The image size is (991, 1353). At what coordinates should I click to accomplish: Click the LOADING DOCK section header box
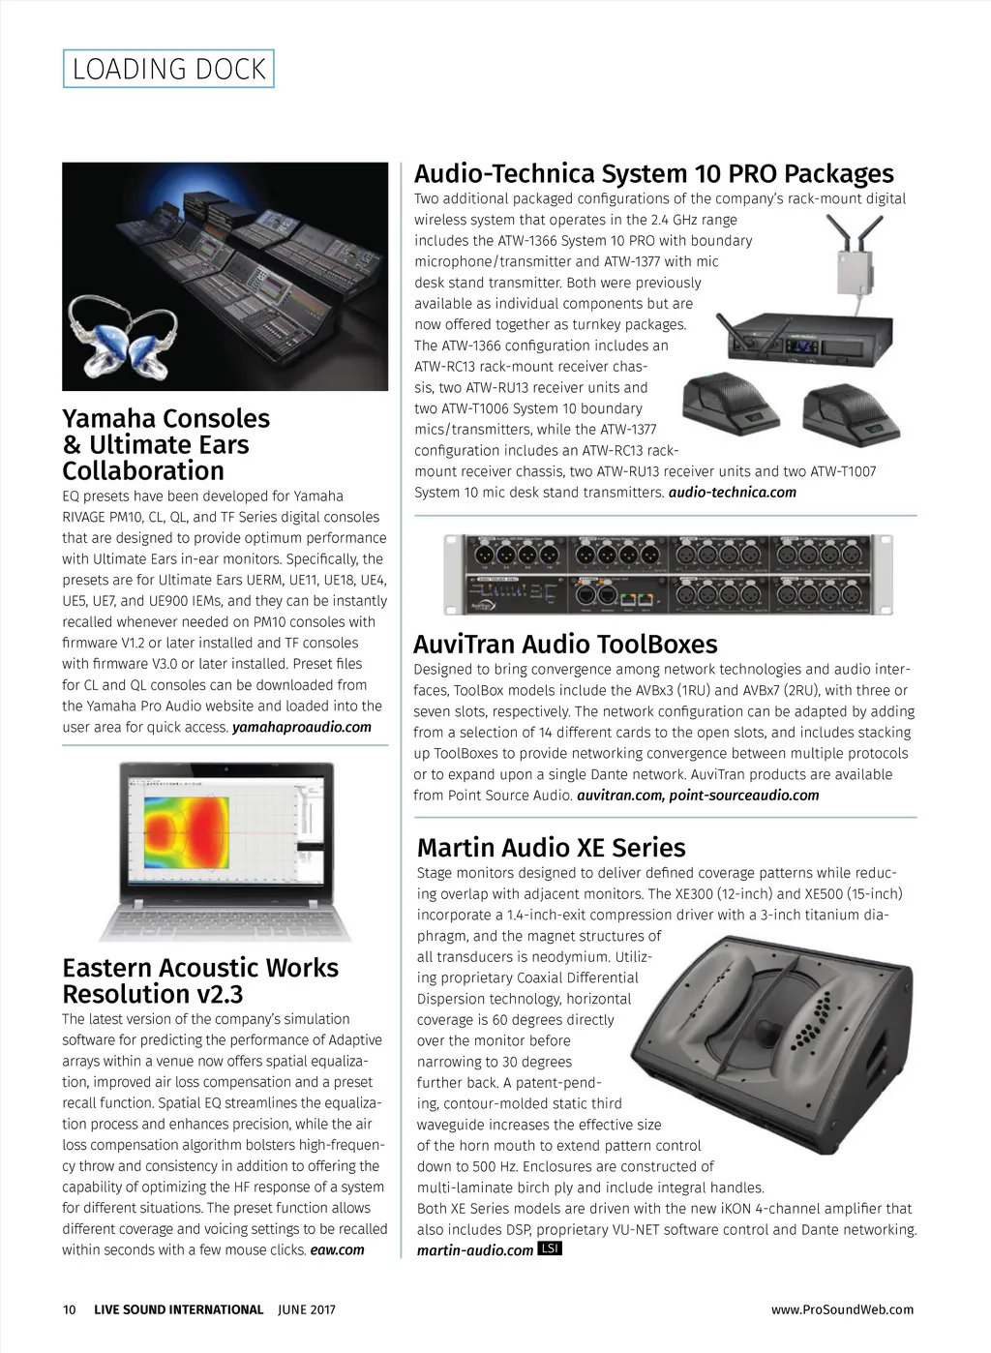[168, 69]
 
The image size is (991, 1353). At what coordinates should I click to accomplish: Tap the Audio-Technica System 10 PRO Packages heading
[653, 173]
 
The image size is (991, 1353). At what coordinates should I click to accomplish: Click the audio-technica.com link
[732, 493]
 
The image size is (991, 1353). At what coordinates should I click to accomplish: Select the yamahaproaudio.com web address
[302, 727]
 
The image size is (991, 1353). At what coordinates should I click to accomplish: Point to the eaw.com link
[337, 1249]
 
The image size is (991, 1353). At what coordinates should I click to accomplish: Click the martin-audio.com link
[474, 1250]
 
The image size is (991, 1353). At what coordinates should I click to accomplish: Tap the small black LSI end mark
[549, 1248]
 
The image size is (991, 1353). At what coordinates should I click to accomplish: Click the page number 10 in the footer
[69, 1309]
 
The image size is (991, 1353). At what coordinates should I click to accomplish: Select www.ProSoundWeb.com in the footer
[842, 1309]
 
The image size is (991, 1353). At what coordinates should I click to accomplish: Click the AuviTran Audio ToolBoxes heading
[565, 644]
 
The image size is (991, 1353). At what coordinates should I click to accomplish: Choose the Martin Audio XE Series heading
[551, 848]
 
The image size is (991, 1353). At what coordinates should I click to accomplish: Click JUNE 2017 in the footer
[306, 1309]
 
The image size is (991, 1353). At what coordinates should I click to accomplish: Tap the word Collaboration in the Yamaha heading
[143, 471]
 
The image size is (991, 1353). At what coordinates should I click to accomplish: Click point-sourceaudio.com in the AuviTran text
[743, 796]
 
